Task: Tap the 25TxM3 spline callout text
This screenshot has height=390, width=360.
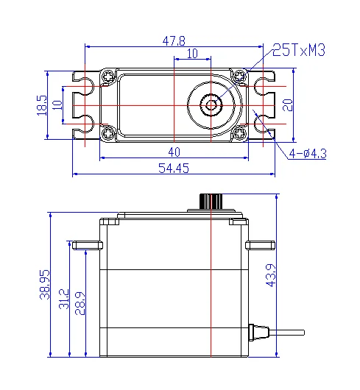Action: [x=298, y=50]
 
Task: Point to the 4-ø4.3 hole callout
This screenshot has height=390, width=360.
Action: [x=306, y=154]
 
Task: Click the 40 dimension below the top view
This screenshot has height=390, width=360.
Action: [x=173, y=152]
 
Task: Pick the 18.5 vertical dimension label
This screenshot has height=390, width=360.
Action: [x=41, y=104]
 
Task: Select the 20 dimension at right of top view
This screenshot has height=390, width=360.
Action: [x=288, y=104]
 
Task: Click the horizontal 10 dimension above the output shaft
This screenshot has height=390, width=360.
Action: [x=191, y=54]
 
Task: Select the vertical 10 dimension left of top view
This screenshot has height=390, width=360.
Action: [x=58, y=104]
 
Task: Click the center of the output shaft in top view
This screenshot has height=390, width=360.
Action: [x=211, y=104]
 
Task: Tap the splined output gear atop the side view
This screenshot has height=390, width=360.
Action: [x=211, y=201]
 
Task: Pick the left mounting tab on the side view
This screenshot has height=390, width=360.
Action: [x=86, y=244]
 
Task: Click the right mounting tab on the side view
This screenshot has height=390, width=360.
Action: [x=259, y=244]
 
